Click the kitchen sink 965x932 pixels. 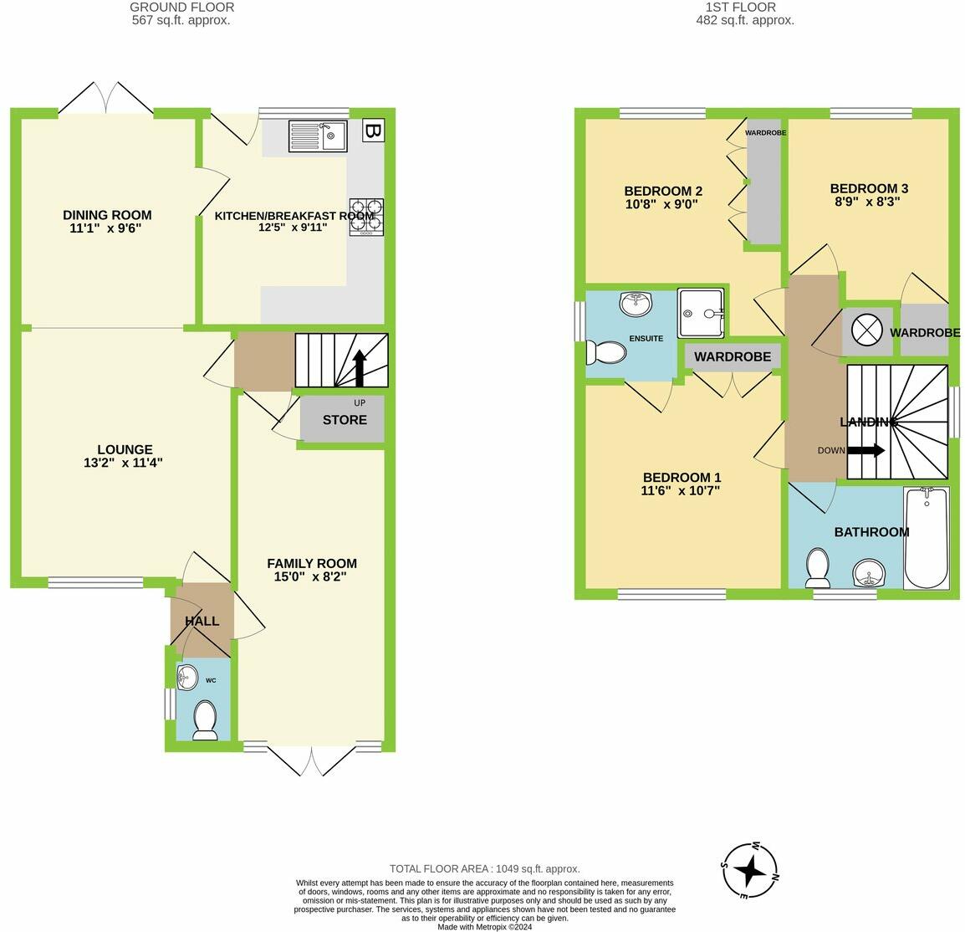point(318,136)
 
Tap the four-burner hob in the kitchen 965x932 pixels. point(366,217)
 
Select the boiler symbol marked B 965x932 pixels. point(373,131)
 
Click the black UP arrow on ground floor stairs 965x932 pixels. point(360,366)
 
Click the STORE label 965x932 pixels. point(345,419)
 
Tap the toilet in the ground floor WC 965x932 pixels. point(205,720)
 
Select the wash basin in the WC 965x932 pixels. point(188,677)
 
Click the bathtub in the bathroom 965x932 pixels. point(927,540)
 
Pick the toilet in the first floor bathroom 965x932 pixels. point(816,568)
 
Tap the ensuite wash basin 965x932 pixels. point(636,303)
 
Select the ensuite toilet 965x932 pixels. point(606,353)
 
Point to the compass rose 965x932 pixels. point(750,871)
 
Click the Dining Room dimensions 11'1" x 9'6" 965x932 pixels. point(107,228)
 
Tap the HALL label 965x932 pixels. point(202,621)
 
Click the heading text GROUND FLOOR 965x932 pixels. point(181,8)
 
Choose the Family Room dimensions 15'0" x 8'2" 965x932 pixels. point(311,576)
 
